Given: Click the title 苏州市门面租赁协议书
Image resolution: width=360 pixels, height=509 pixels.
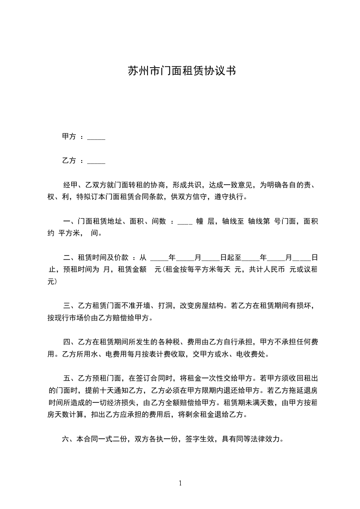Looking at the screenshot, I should click(181, 71).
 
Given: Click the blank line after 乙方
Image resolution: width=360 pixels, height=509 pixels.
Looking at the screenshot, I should click(96, 162).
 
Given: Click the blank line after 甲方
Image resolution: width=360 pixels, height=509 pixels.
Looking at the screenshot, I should click(96, 138).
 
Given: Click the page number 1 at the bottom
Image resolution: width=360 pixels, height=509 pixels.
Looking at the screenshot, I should click(180, 483).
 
